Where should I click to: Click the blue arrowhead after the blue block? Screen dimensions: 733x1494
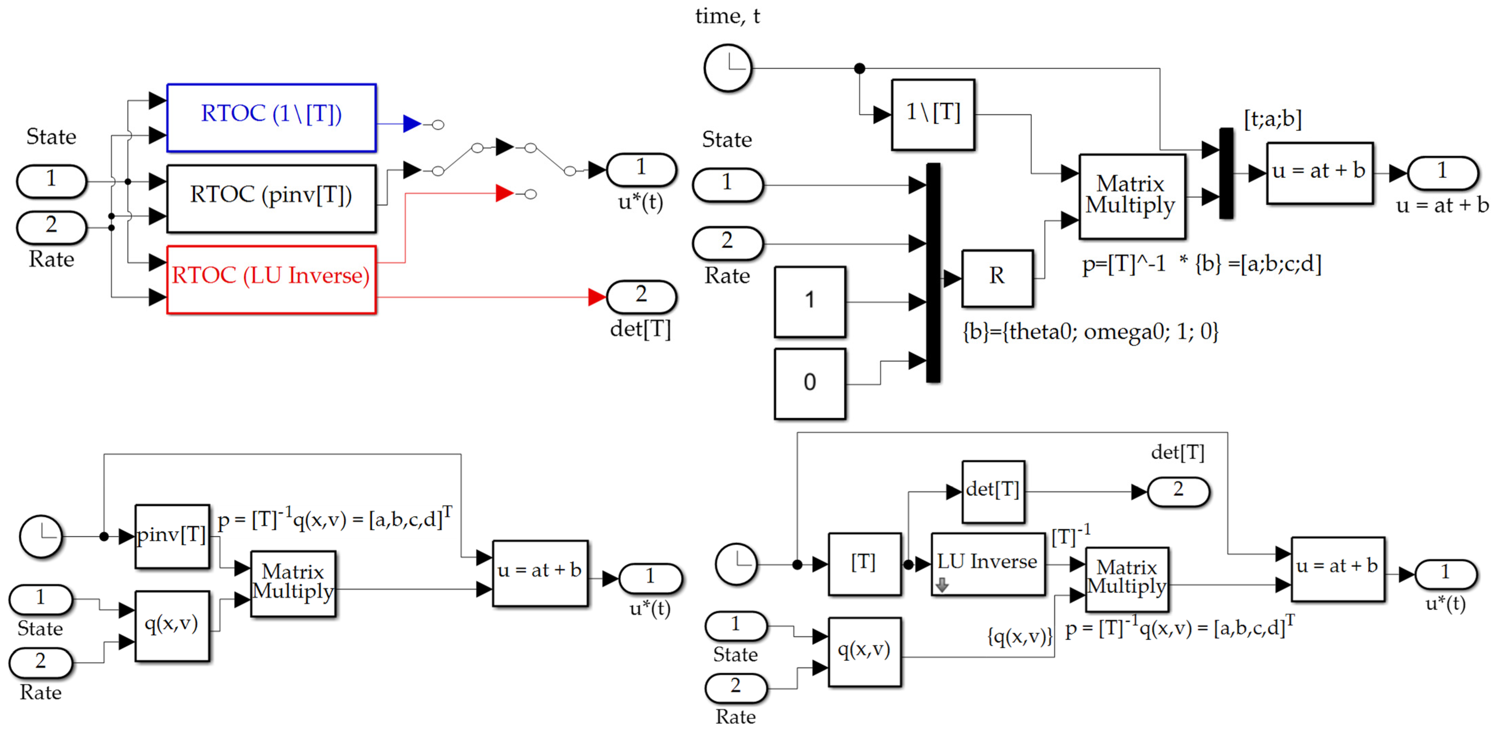[411, 124]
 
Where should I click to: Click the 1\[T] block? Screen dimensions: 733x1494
[933, 114]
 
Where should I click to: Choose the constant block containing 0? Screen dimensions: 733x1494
[810, 383]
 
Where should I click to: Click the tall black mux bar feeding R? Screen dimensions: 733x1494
[933, 272]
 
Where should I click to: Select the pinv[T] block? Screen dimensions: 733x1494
[172, 536]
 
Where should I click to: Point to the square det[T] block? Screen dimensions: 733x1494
[993, 491]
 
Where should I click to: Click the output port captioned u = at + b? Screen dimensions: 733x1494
[1442, 172]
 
